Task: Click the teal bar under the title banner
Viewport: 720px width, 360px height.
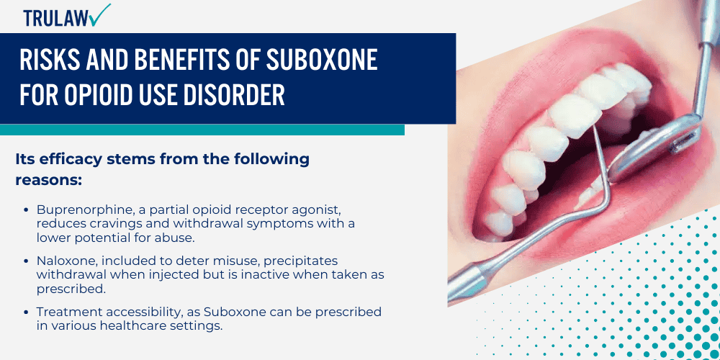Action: tap(202, 130)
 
